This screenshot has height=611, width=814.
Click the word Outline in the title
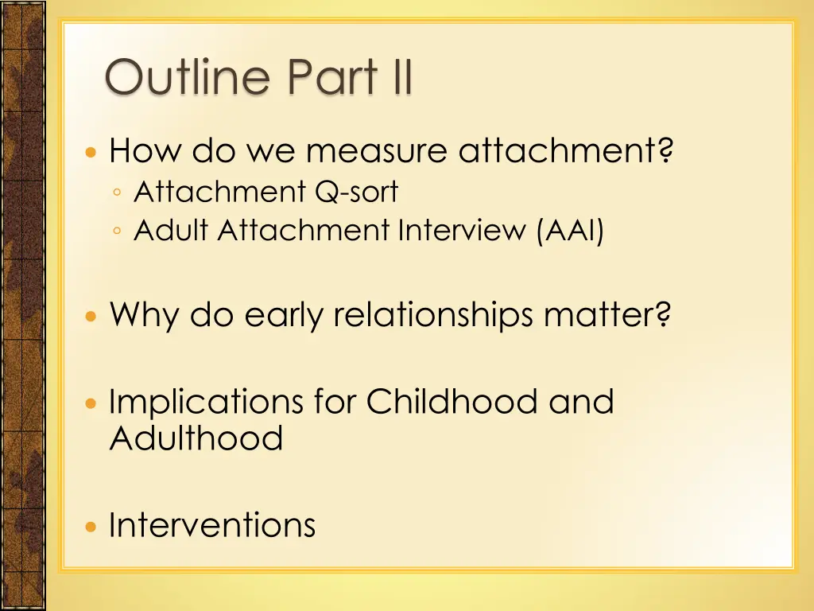pos(188,76)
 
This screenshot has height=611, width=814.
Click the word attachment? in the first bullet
pos(566,150)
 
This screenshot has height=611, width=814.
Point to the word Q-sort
pos(357,191)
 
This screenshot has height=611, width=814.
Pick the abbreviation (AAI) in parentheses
pos(570,230)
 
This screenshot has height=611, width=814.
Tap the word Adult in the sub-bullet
pos(171,230)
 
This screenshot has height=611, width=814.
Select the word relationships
pos(433,315)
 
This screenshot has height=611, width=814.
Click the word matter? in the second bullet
pos(607,315)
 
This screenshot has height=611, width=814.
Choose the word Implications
pos(206,403)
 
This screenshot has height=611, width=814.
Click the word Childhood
pos(452,401)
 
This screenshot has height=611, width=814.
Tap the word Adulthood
pos(196,438)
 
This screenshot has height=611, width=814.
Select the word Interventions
pos(212,525)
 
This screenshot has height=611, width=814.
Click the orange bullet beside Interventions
pos(91,527)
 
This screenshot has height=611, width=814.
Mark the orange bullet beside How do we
pos(91,152)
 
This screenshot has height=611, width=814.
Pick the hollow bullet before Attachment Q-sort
pos(117,193)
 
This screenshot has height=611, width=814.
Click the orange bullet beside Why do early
pos(91,317)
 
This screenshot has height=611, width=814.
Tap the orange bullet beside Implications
pos(91,403)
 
